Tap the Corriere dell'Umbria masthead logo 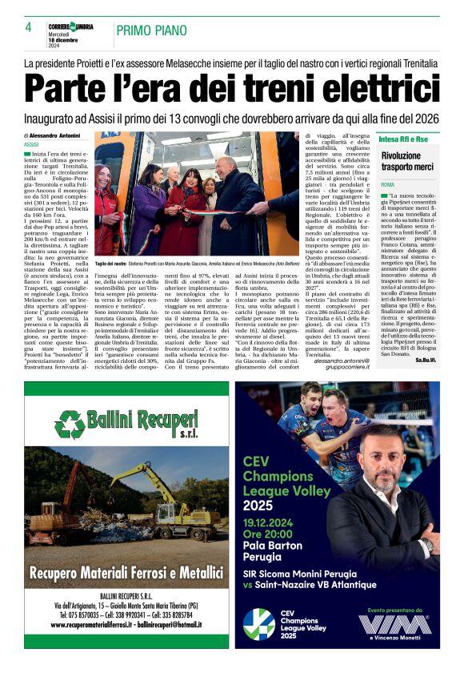70,26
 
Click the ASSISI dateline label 32,144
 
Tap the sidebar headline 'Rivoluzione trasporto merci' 407,162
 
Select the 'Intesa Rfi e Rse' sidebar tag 404,139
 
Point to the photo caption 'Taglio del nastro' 111,263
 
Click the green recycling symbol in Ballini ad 70,424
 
